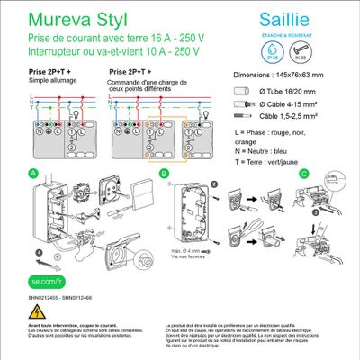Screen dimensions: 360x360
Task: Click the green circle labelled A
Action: tap(33, 173)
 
